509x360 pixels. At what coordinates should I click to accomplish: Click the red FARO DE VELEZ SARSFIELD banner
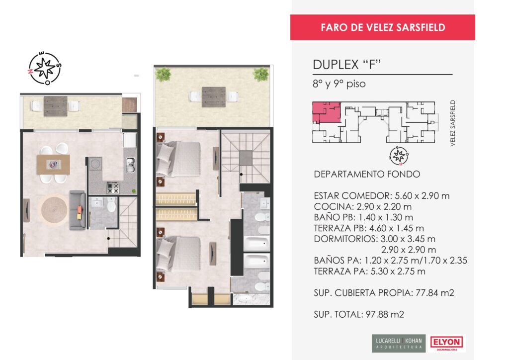point(382,27)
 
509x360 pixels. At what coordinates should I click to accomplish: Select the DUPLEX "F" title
point(346,65)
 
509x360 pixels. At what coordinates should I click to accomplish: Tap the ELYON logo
point(447,343)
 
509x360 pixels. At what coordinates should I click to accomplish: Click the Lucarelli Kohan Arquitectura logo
point(399,343)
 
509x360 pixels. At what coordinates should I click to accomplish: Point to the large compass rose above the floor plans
point(44,68)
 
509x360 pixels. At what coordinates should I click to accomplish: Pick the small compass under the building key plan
point(399,156)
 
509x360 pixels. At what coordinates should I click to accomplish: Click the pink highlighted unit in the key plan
point(326,112)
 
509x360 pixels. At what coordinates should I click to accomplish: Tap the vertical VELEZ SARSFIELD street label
point(453,123)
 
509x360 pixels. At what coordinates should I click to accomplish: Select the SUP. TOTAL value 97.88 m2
point(385,314)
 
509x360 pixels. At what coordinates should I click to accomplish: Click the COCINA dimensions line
point(362,206)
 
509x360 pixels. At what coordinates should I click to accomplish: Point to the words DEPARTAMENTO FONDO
point(367,175)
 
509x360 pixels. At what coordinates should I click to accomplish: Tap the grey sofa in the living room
point(78,210)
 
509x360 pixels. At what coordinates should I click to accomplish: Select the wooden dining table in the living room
point(53,165)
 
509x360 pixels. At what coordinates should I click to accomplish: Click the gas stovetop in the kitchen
point(113,187)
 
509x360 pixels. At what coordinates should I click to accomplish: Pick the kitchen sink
point(130,165)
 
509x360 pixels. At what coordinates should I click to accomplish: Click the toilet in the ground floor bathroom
point(111,205)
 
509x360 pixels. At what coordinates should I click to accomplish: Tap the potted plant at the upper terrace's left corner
point(163,75)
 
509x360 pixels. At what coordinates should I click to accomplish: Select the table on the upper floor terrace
point(214,97)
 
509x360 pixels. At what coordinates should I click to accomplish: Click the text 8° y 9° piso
point(339,84)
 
